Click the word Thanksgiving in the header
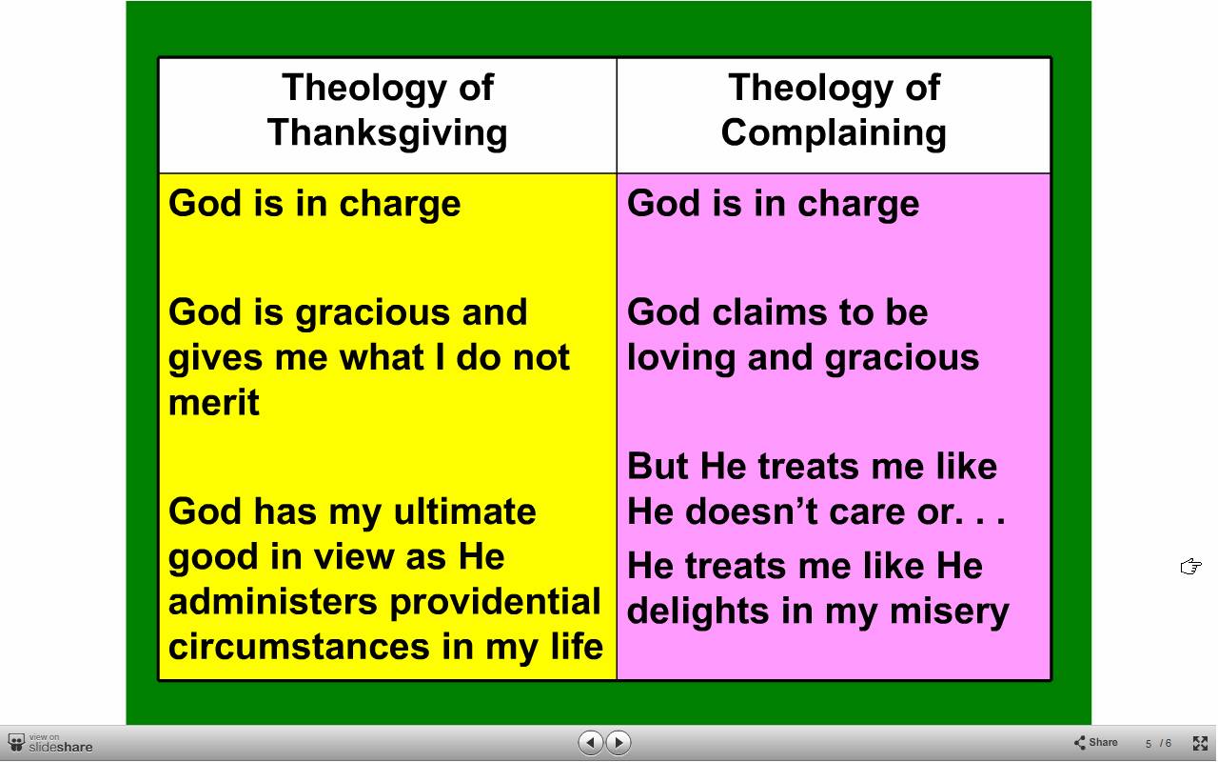(387, 133)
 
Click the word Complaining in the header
(834, 133)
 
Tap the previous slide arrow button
(591, 742)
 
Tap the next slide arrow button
(619, 742)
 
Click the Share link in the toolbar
(1095, 742)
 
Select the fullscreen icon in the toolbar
(1200, 743)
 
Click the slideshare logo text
(60, 747)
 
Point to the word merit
(214, 402)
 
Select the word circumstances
(300, 647)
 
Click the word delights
(698, 612)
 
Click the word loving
(680, 359)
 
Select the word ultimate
(465, 511)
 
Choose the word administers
(273, 602)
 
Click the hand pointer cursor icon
(1190, 567)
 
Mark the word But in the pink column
(658, 467)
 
